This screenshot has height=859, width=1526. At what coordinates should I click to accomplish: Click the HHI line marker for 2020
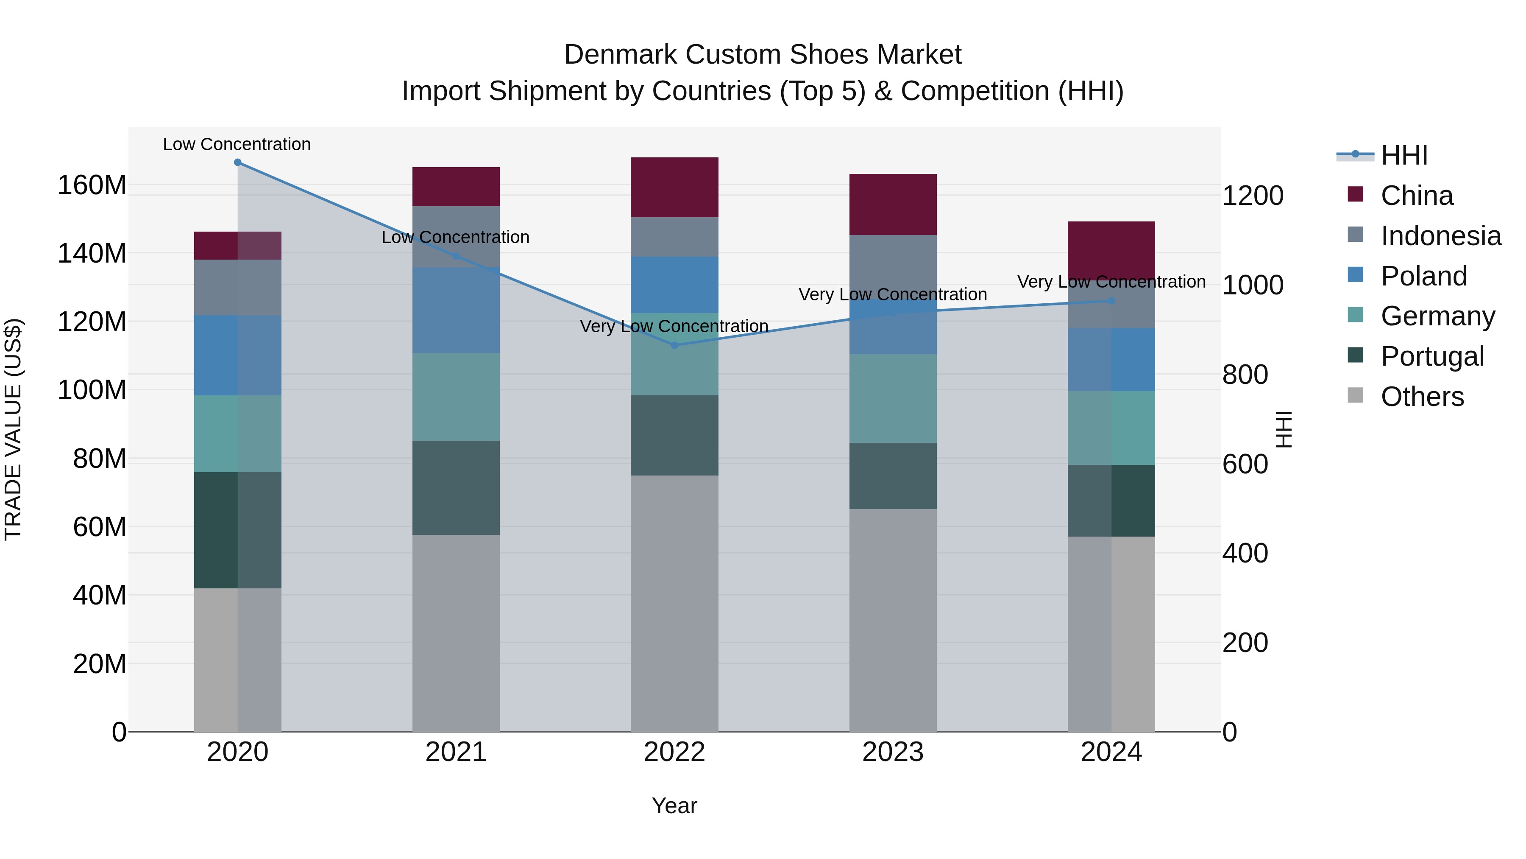click(237, 162)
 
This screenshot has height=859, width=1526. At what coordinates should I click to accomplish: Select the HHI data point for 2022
click(674, 345)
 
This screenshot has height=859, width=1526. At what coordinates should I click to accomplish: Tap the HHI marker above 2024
click(1111, 301)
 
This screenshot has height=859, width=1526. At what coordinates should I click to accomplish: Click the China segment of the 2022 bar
click(674, 187)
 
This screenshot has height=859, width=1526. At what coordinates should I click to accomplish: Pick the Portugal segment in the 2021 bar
click(456, 488)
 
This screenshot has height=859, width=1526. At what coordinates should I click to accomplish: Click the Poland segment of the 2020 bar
click(237, 355)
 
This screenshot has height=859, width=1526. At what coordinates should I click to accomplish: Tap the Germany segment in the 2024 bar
click(1111, 428)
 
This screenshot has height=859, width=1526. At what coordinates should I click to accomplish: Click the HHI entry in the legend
click(1403, 155)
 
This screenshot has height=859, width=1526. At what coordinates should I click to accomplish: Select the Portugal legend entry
click(1432, 356)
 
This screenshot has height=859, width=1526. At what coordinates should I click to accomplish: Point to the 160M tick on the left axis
click(92, 185)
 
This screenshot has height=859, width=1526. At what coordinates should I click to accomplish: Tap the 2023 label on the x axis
click(893, 752)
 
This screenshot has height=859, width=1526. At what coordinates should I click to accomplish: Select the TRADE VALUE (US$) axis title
click(14, 429)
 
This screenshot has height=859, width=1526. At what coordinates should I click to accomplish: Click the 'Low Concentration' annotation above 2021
click(456, 237)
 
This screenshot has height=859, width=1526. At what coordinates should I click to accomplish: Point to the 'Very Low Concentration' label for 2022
click(674, 326)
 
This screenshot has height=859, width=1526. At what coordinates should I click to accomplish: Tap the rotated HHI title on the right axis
click(1284, 429)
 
